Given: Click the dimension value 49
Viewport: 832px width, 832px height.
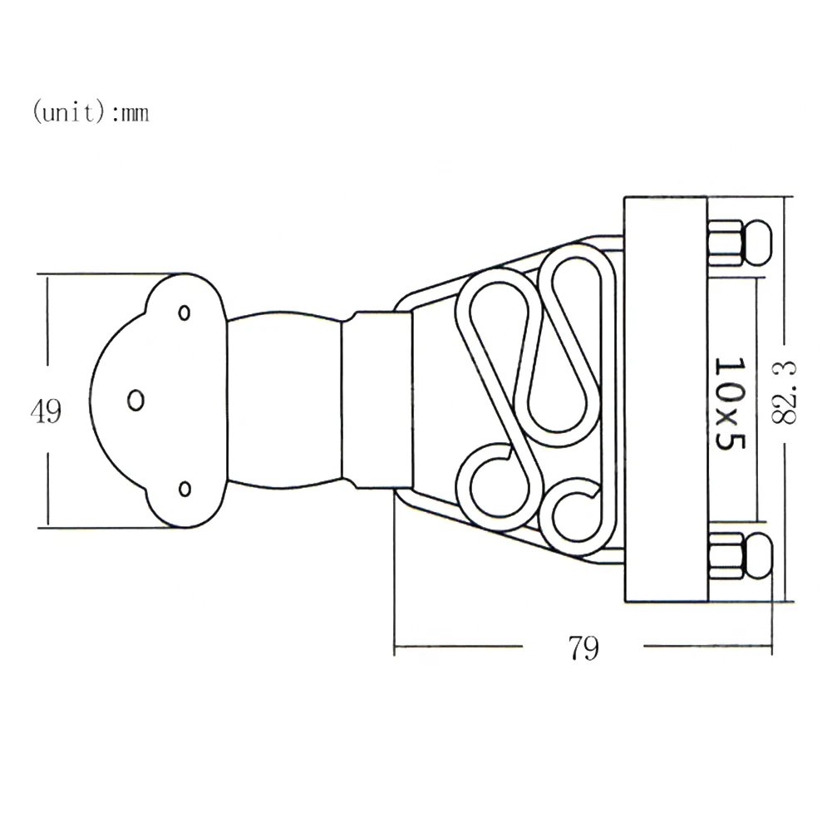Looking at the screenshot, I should tap(47, 411).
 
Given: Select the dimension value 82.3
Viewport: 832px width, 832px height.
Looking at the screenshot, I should tap(783, 391).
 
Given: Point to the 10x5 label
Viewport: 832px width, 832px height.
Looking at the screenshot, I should tap(727, 404).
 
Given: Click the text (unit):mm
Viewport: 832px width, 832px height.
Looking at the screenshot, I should tap(91, 112).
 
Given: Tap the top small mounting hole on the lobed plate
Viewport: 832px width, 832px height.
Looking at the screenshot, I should tap(185, 313).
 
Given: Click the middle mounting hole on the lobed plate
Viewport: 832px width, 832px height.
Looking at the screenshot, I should tap(135, 400).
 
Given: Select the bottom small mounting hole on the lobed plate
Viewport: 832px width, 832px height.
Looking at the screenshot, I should tap(185, 488).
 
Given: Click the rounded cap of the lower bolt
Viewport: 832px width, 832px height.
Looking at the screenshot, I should tap(756, 555).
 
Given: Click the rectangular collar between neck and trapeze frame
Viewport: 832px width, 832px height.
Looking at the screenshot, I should tap(377, 400).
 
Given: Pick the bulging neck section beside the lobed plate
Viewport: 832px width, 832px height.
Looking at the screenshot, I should tap(283, 400).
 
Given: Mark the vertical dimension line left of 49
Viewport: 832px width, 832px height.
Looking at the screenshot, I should tap(48, 332).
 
